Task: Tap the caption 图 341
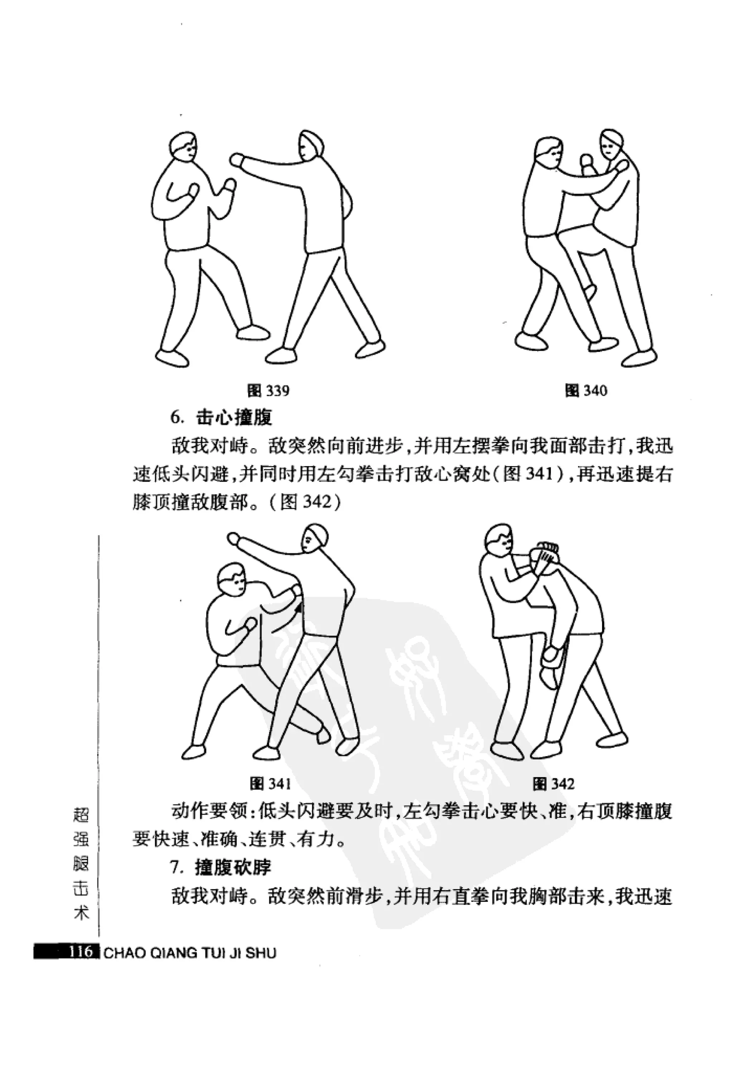pyautogui.click(x=270, y=783)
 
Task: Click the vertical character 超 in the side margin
pyautogui.click(x=81, y=817)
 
